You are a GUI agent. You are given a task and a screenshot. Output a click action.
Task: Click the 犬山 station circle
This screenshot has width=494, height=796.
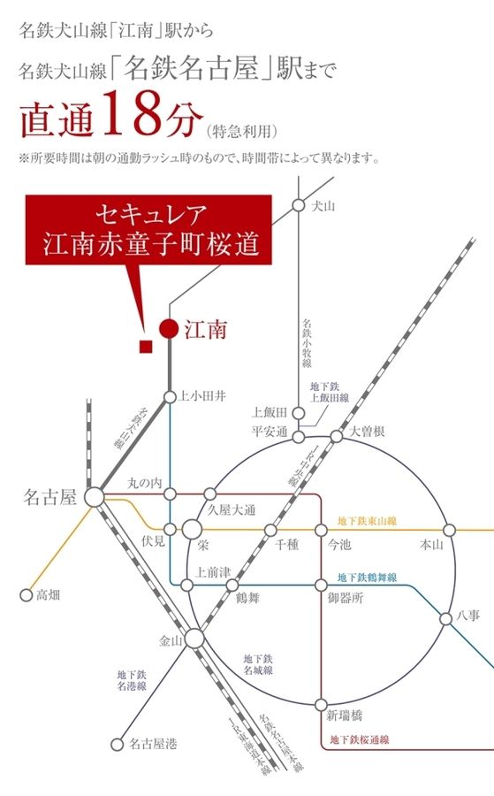pos(299,206)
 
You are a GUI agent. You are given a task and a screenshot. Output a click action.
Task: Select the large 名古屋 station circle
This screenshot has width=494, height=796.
pos(93,497)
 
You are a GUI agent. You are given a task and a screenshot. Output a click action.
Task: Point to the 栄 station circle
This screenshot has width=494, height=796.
pos(192,529)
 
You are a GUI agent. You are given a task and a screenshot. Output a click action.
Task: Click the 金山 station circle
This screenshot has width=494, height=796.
pos(194,639)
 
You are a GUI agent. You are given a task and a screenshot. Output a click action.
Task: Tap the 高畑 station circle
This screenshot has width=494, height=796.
pos(26,594)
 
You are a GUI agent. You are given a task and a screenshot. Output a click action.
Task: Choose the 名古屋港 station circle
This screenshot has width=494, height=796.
pos(116,744)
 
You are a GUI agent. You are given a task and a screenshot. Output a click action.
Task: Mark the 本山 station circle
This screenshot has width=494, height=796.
pos(448,530)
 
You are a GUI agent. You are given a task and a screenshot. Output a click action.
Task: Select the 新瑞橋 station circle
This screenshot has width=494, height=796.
pos(322,705)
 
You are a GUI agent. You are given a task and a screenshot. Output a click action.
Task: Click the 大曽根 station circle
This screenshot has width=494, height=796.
pos(337,436)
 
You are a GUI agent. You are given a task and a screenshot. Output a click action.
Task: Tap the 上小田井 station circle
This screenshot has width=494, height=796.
pos(169,396)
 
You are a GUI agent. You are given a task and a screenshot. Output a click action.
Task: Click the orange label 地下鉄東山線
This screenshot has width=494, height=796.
pos(367,522)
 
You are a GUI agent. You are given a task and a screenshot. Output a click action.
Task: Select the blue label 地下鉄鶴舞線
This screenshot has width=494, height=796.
pos(367,578)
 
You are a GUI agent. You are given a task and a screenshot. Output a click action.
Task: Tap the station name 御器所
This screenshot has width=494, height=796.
pos(345,599)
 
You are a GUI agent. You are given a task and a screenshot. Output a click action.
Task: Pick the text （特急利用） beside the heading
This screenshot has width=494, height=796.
pos(242,132)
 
